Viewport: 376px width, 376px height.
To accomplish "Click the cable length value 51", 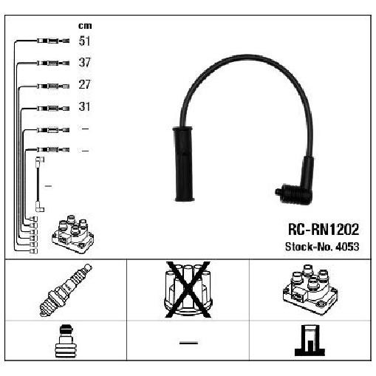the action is (x=84, y=41).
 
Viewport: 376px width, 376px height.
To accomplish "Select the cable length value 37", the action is (x=85, y=62).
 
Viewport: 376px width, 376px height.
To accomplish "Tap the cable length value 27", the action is (x=85, y=84).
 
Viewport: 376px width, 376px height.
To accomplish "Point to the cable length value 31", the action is (x=84, y=106).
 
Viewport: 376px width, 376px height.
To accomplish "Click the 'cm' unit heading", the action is (x=85, y=26).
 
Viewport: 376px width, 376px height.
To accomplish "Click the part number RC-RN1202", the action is (x=324, y=229).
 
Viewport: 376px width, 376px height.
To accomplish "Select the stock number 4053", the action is (x=347, y=247).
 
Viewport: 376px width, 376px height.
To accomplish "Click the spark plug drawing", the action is (x=66, y=290).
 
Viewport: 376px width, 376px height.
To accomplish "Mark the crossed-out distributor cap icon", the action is (x=188, y=290).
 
